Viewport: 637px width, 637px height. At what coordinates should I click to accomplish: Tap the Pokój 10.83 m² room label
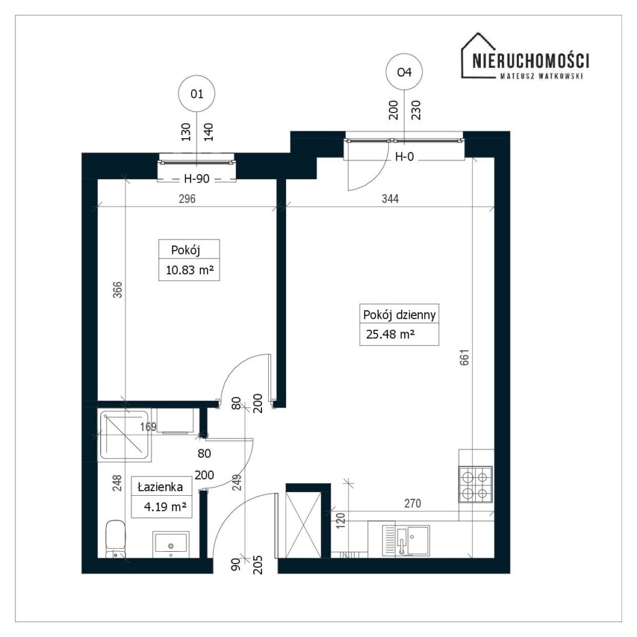[189, 260]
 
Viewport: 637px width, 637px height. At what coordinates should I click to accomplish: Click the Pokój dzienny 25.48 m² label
[399, 325]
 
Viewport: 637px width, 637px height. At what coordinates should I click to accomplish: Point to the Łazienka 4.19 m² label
[162, 497]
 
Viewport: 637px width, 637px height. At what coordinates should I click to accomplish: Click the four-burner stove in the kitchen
[475, 484]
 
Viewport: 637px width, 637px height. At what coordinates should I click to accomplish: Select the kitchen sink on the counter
[406, 541]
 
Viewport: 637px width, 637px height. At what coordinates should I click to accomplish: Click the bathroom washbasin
[170, 544]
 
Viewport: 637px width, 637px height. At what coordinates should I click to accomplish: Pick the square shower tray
[124, 436]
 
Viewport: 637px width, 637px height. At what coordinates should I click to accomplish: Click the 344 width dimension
[390, 198]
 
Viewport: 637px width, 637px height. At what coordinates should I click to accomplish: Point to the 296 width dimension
[187, 198]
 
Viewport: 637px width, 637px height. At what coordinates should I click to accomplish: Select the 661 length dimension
[464, 357]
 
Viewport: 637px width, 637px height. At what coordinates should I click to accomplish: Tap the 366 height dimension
[118, 290]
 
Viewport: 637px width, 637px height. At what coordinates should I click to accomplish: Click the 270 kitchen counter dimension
[412, 503]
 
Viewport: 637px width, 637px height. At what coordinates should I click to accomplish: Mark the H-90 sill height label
[197, 179]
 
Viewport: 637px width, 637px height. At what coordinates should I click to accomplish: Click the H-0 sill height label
[404, 156]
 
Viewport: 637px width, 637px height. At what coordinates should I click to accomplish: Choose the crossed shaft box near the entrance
[304, 524]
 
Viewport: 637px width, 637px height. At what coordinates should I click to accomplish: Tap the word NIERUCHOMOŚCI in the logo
[531, 61]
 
